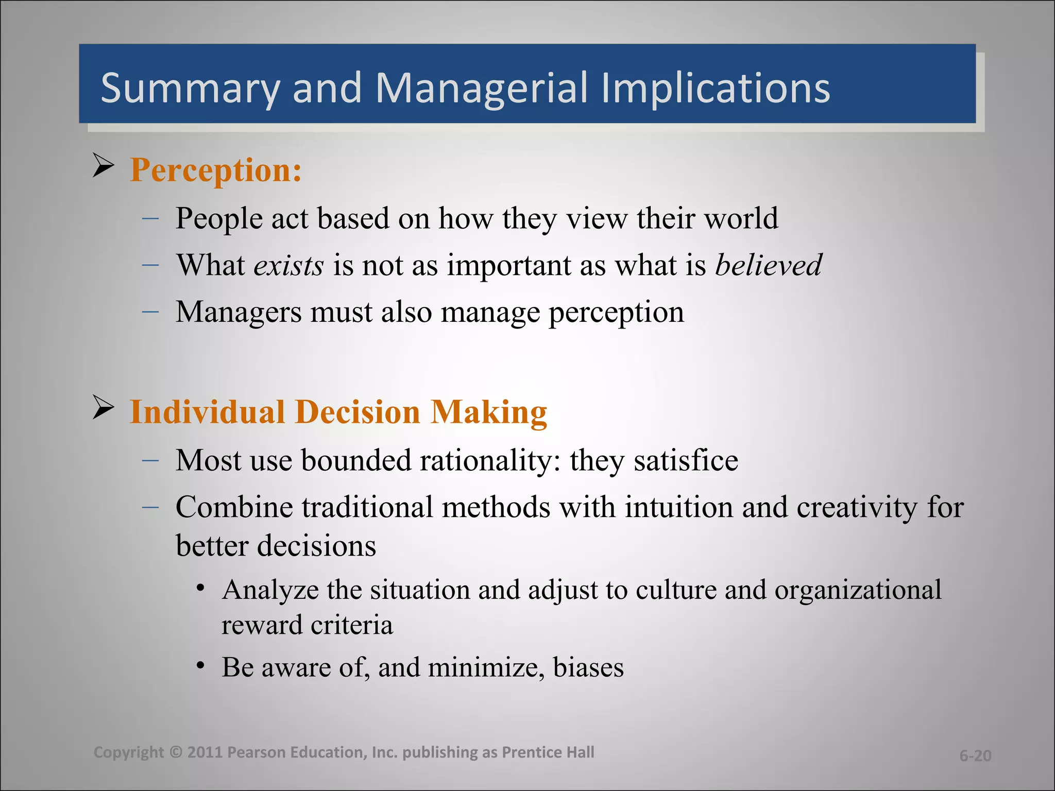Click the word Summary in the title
click(x=190, y=89)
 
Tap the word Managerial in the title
click(x=481, y=89)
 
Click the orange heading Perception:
click(x=216, y=170)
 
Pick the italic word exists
click(x=288, y=265)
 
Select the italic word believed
click(x=768, y=265)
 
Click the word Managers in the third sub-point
click(x=239, y=312)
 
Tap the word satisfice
click(x=686, y=460)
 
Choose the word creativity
click(x=857, y=507)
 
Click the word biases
click(x=588, y=667)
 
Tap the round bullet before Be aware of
click(x=201, y=665)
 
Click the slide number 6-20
click(x=975, y=755)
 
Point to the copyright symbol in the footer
click(x=176, y=752)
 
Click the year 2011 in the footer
click(x=205, y=752)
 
